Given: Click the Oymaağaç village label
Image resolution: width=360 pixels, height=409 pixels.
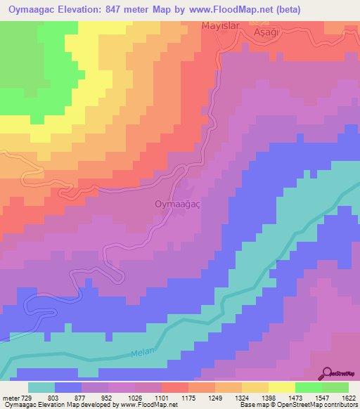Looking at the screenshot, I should click(x=177, y=204).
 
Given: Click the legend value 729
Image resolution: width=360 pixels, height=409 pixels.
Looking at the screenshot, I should click(x=27, y=398).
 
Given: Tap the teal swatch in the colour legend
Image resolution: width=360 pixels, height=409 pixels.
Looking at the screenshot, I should click(x=41, y=387).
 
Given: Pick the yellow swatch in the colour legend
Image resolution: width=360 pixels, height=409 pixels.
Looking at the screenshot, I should click(x=281, y=387).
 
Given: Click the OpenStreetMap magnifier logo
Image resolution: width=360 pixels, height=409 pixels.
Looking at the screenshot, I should click(x=328, y=374).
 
